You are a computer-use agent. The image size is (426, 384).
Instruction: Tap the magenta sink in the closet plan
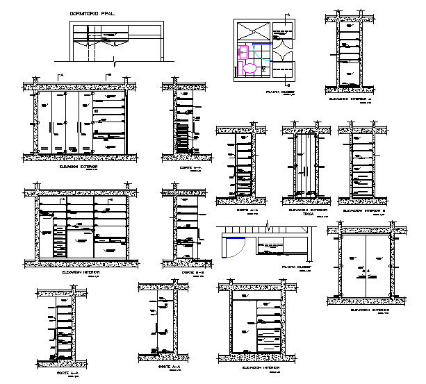(x=244, y=51)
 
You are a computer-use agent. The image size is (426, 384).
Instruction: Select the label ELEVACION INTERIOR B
(x=363, y=208)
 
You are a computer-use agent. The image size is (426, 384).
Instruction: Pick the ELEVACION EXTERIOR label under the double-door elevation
(x=368, y=310)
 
